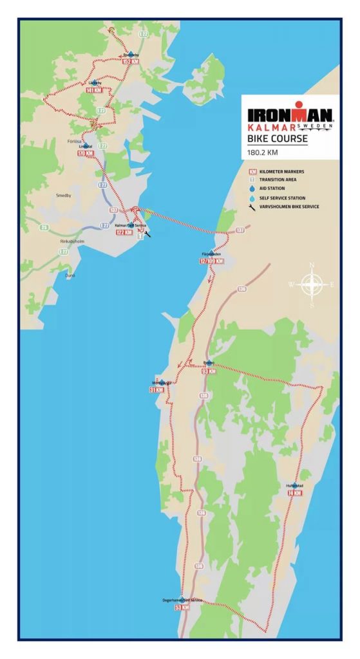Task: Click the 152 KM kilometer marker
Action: click(x=131, y=62)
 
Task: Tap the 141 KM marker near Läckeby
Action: click(x=93, y=91)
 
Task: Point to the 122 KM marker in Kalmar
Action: click(x=124, y=232)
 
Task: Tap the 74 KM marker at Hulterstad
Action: click(x=294, y=493)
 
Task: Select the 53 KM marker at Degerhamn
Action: click(x=182, y=607)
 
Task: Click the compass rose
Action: click(x=312, y=284)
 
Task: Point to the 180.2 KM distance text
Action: click(x=264, y=153)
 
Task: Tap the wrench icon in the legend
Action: click(x=252, y=207)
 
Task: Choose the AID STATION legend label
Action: click(x=274, y=189)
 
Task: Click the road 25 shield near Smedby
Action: click(x=44, y=227)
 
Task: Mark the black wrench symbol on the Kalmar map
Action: click(x=148, y=234)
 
